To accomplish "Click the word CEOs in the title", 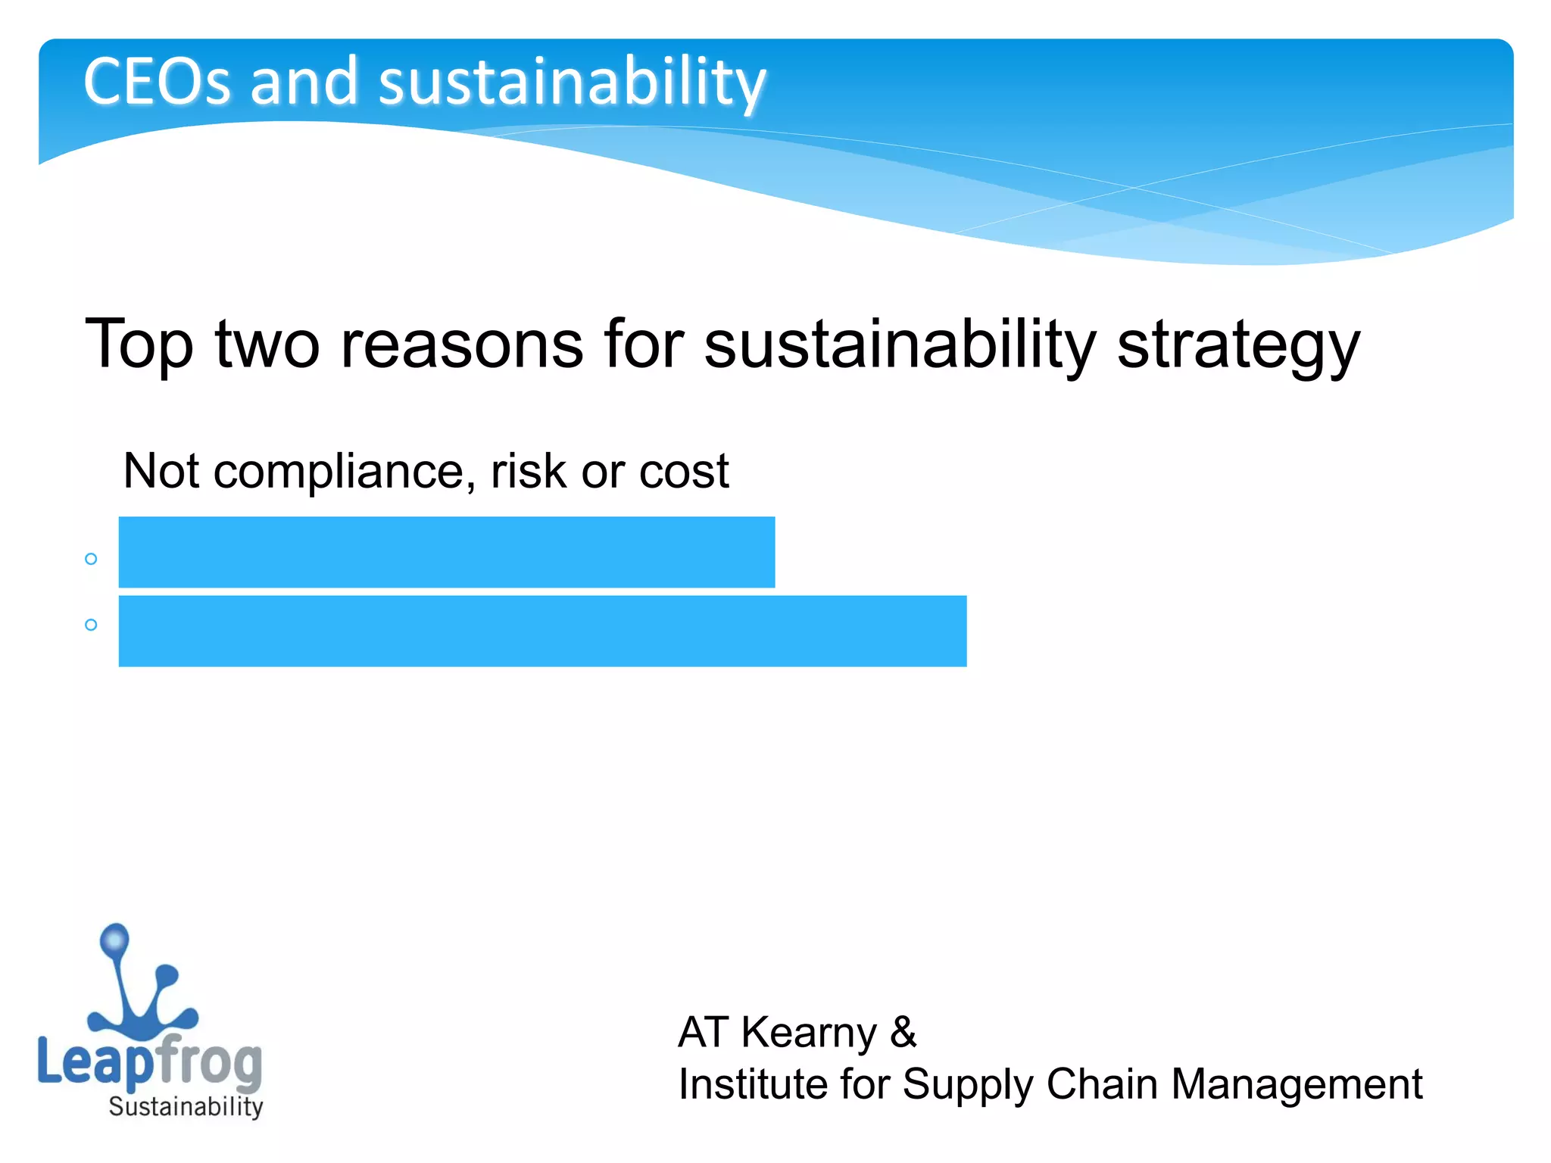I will [x=156, y=82].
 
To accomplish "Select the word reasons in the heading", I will [x=462, y=345].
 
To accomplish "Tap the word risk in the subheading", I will [x=528, y=472].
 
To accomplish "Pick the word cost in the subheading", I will [x=684, y=472].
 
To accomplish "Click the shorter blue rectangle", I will [x=447, y=552].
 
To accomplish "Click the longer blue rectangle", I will [x=542, y=631].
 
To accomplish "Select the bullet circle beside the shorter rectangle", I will [x=91, y=559].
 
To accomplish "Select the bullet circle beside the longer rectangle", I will [x=91, y=625].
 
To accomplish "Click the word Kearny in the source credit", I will [x=808, y=1033].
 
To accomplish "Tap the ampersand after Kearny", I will [x=903, y=1033].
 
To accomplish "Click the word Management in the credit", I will [x=1297, y=1084].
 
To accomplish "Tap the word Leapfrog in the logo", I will [x=150, y=1062].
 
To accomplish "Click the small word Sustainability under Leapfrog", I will [x=186, y=1107].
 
